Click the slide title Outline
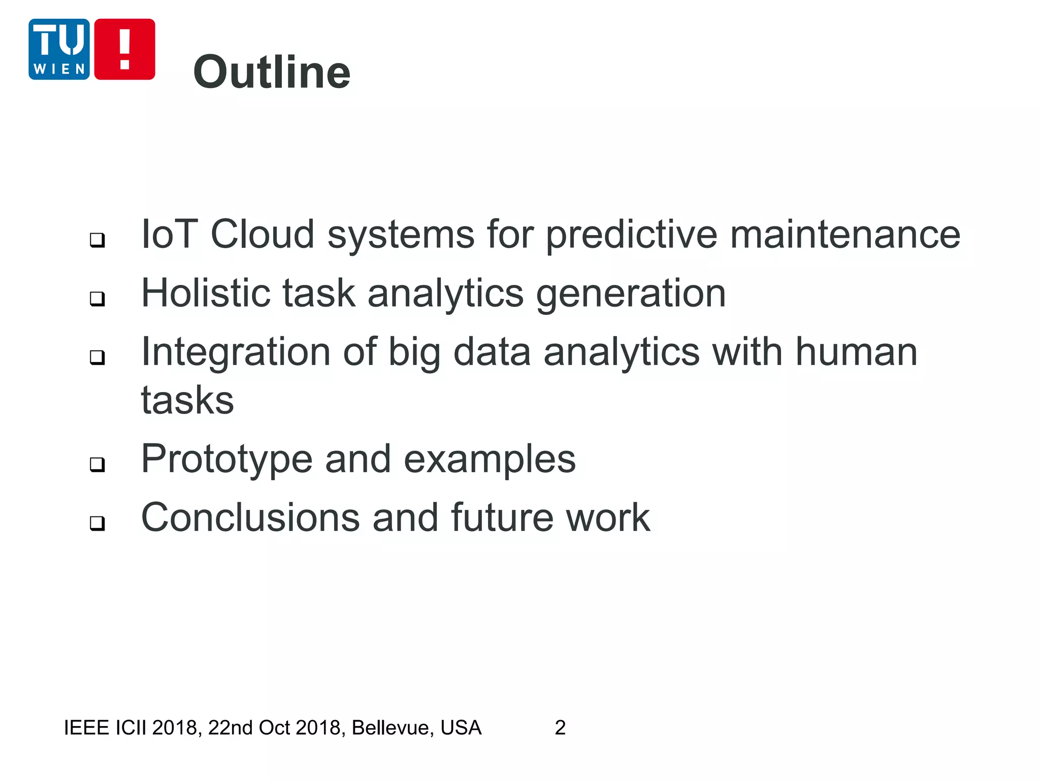pos(272,72)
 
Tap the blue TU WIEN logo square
pos(59,49)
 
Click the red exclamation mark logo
pos(124,49)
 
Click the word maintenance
pos(845,234)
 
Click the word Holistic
pos(205,293)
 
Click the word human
pos(856,351)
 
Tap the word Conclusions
pos(250,517)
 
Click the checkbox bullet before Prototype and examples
pos(97,464)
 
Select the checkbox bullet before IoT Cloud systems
pos(97,240)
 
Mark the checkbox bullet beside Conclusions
pos(97,523)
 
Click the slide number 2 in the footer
pos(560,728)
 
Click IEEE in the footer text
pos(86,728)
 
